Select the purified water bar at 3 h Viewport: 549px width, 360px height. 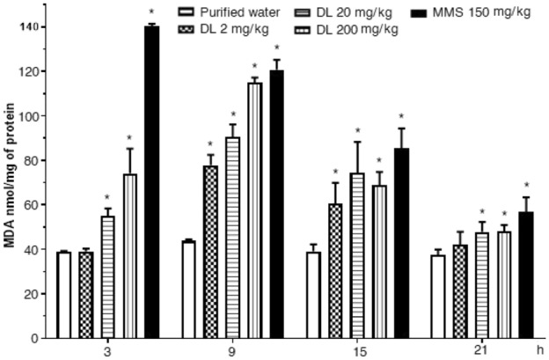pyautogui.click(x=63, y=295)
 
